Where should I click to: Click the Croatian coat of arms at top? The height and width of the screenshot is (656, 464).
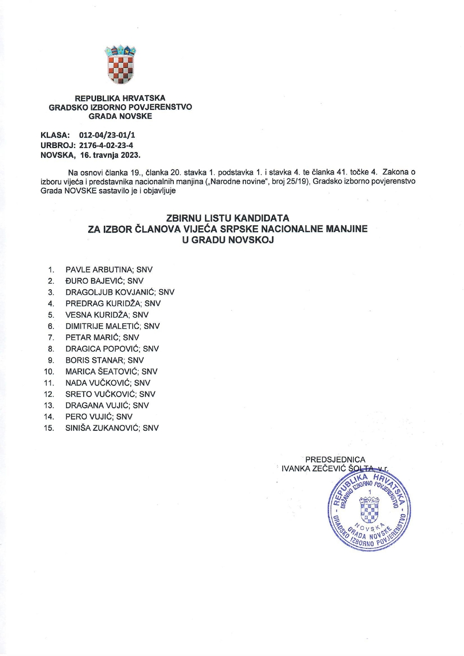point(120,65)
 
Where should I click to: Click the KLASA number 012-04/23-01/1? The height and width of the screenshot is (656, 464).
point(107,135)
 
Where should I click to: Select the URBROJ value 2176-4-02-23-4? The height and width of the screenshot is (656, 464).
point(106,145)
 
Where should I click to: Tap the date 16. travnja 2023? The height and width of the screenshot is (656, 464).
point(110,155)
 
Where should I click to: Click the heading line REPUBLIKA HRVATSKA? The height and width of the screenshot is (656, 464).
point(120,98)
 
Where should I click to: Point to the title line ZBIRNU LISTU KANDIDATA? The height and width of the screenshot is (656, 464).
point(227,218)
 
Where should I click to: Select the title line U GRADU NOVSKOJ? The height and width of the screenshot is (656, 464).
point(227,240)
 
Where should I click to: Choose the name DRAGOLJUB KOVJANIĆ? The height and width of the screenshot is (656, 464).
point(110,292)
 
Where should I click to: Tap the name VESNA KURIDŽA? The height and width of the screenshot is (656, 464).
point(97,315)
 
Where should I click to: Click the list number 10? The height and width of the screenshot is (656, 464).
point(49,372)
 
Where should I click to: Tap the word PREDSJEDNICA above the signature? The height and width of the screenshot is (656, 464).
point(335,460)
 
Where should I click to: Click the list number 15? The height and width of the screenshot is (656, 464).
point(49,428)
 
